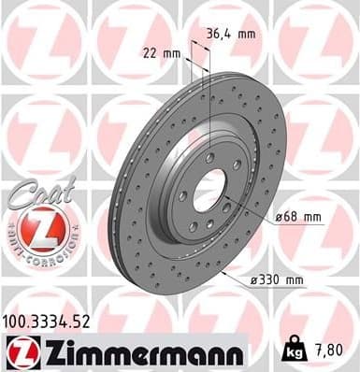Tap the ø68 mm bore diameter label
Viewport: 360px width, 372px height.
300,218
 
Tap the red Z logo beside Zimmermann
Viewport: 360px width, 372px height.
22,351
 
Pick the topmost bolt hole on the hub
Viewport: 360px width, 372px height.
209,158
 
